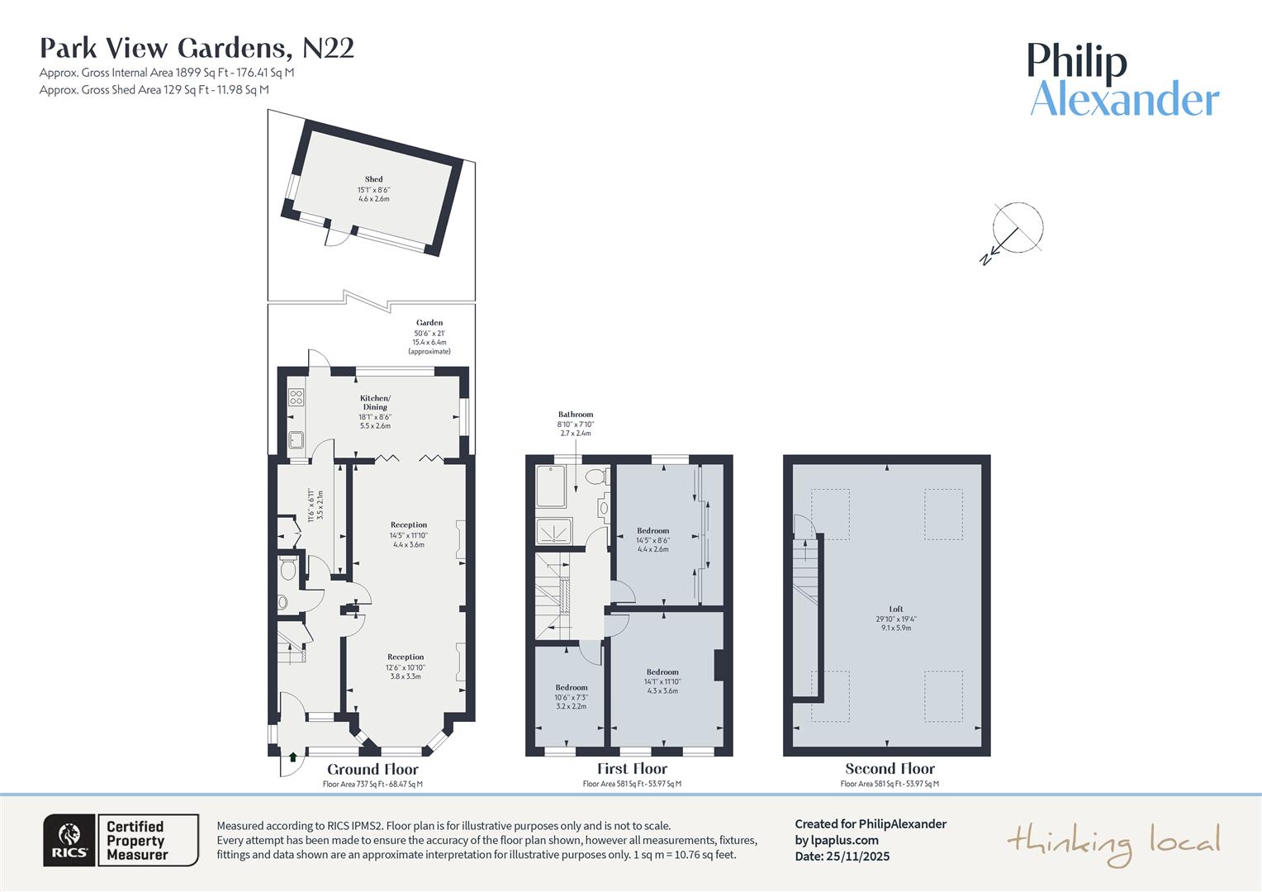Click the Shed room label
373,179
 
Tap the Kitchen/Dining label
375,402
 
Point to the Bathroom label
575,415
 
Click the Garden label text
429,323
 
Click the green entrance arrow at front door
292,756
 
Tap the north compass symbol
1015,230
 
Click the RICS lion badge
70,841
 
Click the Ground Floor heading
372,770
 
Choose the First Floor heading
632,769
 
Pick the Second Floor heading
890,769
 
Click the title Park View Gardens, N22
197,48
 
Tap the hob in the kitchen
297,396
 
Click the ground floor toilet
287,569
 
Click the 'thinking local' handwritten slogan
1113,843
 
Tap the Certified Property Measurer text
136,841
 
